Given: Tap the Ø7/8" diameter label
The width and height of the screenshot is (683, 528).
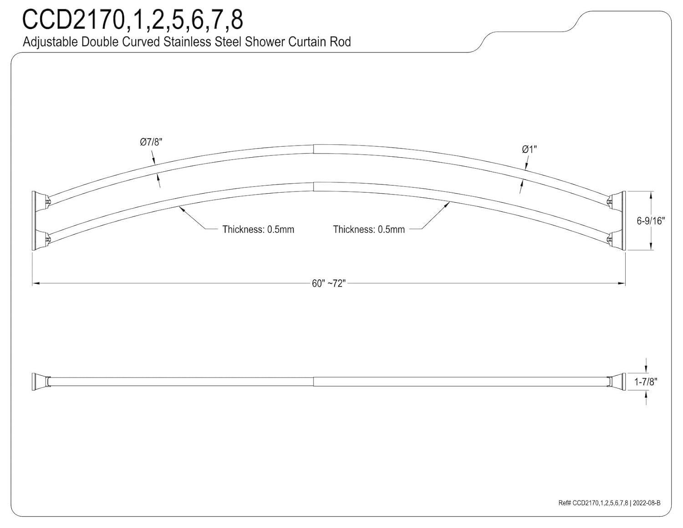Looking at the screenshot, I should click(151, 142).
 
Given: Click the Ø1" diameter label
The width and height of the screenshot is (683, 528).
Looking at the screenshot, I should click(530, 149).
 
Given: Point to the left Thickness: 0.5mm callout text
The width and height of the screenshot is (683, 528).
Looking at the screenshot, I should click(258, 229).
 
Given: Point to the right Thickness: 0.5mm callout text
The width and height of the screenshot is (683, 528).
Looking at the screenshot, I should click(369, 229).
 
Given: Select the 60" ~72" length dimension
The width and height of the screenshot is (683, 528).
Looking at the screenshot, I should click(329, 283).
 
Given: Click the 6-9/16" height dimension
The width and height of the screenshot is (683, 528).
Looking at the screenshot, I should click(651, 221).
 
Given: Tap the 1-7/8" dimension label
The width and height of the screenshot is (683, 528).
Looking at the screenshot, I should click(646, 382).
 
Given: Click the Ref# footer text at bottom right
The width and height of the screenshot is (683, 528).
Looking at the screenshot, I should click(609, 503).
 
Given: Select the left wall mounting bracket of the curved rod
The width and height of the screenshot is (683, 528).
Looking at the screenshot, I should click(35, 220).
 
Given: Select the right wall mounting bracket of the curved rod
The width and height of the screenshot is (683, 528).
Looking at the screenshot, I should click(621, 220).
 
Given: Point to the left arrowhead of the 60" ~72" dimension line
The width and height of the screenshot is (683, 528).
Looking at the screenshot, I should click(36, 283).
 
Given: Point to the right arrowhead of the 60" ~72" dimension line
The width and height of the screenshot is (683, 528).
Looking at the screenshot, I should click(622, 283).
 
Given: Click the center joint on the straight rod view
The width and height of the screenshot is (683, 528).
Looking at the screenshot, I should click(314, 381).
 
